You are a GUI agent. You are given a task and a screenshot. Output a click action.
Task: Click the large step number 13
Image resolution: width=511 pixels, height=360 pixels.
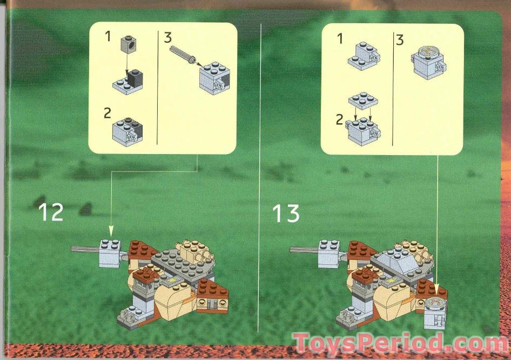(285, 214)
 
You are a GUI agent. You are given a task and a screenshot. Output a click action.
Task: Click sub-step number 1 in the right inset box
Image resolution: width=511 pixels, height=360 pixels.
(340, 38)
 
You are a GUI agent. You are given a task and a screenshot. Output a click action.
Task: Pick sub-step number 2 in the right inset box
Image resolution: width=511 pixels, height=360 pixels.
(339, 119)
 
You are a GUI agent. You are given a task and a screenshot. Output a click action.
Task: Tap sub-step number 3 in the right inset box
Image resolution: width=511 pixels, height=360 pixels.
(400, 40)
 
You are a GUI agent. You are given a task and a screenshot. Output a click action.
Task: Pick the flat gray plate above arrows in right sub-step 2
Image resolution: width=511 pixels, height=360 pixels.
(362, 101)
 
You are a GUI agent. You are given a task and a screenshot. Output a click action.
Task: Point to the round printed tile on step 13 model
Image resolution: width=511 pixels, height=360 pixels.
(435, 303)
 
